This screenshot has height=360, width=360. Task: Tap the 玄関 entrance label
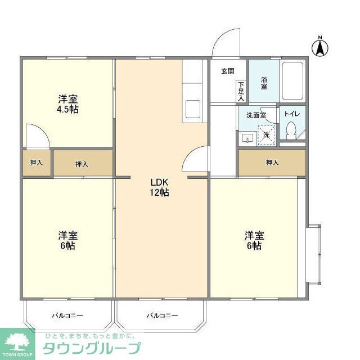point(227,71)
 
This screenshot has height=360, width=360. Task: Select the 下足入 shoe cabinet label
point(241,91)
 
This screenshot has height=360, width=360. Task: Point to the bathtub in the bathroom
point(292,80)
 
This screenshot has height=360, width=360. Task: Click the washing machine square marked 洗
point(267,135)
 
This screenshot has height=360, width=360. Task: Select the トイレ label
point(292,113)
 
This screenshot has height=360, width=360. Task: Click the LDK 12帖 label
point(160,187)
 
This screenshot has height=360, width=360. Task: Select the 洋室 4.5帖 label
point(67,104)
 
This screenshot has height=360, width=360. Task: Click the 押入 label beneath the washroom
point(272,163)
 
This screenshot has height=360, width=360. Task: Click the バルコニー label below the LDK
point(162,316)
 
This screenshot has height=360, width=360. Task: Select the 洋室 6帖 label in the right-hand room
point(253,240)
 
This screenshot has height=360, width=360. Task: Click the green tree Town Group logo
point(18,342)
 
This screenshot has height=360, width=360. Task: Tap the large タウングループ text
point(92,348)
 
